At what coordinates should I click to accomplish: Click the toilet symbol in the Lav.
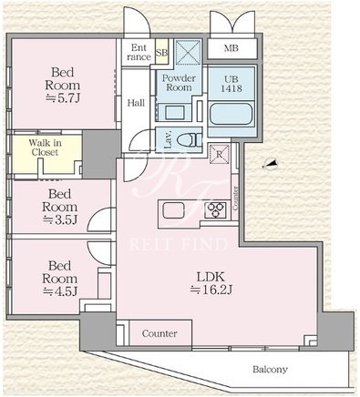pyautogui.click(x=189, y=140)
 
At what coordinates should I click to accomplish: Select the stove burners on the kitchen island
pyautogui.click(x=216, y=210)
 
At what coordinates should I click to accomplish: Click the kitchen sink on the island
pyautogui.click(x=173, y=210)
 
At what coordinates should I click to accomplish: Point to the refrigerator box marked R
pyautogui.click(x=220, y=154)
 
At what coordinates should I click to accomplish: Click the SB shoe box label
pyautogui.click(x=161, y=52)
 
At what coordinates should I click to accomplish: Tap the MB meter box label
pyautogui.click(x=231, y=48)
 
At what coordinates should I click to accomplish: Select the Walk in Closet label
pyautogui.click(x=45, y=148)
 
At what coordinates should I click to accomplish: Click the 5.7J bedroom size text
pyautogui.click(x=62, y=98)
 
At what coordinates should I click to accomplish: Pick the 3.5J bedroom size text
pyautogui.click(x=60, y=219)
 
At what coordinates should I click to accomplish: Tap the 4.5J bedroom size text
pyautogui.click(x=60, y=291)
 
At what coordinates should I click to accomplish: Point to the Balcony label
pyautogui.click(x=270, y=370)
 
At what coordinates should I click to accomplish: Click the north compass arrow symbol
pyautogui.click(x=270, y=165)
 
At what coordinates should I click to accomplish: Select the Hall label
pyautogui.click(x=136, y=103)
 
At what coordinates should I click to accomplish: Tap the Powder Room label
pyautogui.click(x=179, y=83)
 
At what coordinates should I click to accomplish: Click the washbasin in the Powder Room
pyautogui.click(x=174, y=113)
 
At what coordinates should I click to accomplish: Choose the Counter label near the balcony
pyautogui.click(x=159, y=333)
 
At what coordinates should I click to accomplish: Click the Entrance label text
pyautogui.click(x=139, y=52)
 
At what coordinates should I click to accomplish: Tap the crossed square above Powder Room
pyautogui.click(x=189, y=52)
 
